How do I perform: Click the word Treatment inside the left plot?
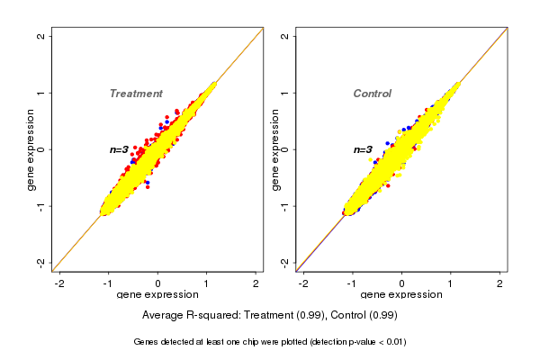tap(136, 94)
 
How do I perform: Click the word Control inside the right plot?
tap(373, 94)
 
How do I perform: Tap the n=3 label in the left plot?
tap(120, 149)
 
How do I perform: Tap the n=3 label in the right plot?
tap(363, 149)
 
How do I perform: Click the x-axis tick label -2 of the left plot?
tap(59, 283)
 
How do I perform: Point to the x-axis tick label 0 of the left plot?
tap(157, 283)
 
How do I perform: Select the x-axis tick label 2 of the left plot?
tap(256, 283)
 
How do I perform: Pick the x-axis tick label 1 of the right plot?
tap(451, 283)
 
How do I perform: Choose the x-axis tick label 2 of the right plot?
tap(499, 283)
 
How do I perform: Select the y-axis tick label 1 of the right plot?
tap(285, 93)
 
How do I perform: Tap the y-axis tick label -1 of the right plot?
tap(285, 206)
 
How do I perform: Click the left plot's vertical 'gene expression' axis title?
tap(31, 149)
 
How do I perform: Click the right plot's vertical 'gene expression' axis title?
tap(274, 149)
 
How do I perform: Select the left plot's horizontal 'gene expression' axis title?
tap(157, 295)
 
